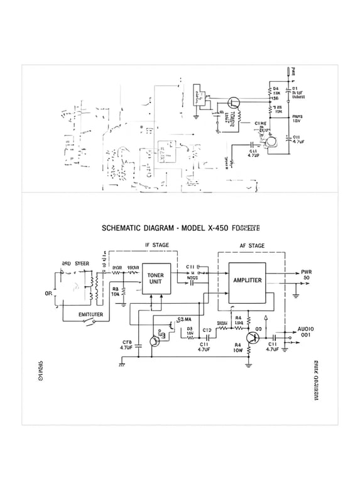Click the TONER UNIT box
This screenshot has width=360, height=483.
155,279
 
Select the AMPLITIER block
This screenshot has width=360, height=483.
247,280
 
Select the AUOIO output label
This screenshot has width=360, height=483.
305,329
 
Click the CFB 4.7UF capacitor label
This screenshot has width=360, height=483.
126,344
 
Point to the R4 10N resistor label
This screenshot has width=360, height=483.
237,348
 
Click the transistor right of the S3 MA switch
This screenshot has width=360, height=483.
252,338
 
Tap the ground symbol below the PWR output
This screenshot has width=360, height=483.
295,294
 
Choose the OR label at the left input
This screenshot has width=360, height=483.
48,293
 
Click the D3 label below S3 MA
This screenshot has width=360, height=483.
189,328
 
